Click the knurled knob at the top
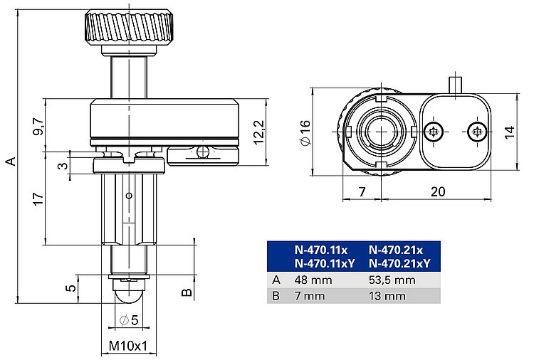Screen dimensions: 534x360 (x=130, y=28)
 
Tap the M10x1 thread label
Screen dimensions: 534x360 (x=128, y=346)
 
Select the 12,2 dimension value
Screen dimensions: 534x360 (x=259, y=132)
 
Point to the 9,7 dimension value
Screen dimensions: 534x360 (x=38, y=126)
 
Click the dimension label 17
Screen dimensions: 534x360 (x=38, y=198)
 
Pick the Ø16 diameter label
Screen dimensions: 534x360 (x=305, y=132)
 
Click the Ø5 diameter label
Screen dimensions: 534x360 (x=129, y=320)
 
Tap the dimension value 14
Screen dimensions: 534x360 (x=510, y=132)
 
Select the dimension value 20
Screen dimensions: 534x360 (x=438, y=191)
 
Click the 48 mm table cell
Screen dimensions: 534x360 (x=313, y=280)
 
